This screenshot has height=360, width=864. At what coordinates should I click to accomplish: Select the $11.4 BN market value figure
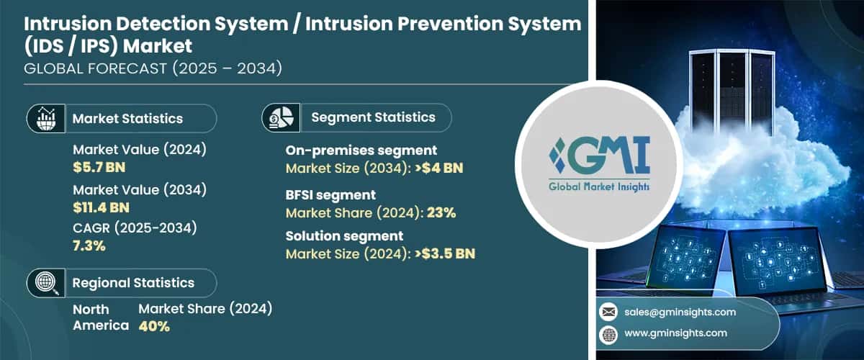[x=101, y=207]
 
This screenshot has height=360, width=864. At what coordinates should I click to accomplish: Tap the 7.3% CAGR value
[x=89, y=246]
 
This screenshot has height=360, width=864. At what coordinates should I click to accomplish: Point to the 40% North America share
[x=153, y=326]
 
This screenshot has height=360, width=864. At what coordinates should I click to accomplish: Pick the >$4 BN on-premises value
[x=438, y=168]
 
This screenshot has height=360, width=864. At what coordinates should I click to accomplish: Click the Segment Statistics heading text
[x=373, y=117]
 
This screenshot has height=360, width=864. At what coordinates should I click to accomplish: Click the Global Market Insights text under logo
[x=598, y=186]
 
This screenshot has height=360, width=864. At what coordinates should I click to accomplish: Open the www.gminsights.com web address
[x=676, y=333]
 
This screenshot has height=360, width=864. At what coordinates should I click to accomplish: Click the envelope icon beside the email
[x=608, y=312]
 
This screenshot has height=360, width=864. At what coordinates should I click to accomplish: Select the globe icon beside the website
[x=608, y=333]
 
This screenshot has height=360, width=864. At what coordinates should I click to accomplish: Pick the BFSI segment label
[x=330, y=194]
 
